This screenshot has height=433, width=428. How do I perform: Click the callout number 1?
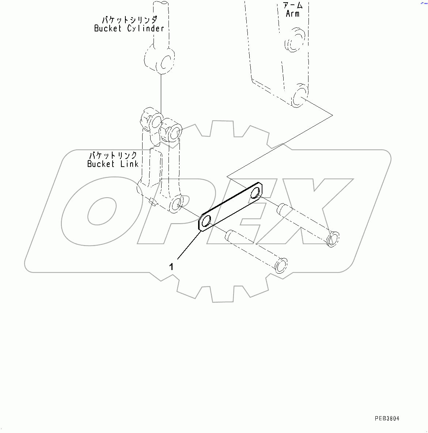(171, 267)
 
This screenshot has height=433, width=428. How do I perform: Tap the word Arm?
(293, 14)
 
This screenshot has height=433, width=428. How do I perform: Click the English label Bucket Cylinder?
(129, 29)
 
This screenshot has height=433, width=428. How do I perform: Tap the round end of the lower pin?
(281, 265)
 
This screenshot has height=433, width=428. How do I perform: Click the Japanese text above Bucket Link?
(113, 155)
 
